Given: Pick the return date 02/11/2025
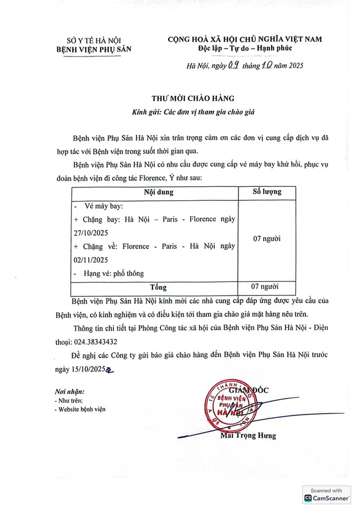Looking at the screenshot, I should coord(93,260).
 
